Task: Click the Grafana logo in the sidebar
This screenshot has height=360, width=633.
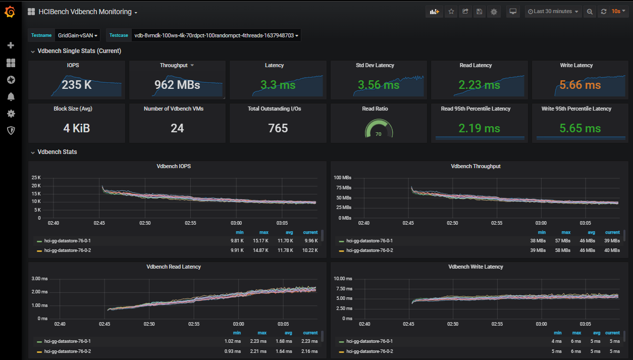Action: (10, 12)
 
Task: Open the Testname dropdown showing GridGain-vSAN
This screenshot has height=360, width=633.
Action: (78, 35)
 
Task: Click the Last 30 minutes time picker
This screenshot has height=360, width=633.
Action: (553, 12)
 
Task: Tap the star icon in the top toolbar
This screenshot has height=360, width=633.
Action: (451, 12)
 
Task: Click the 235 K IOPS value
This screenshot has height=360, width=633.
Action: (77, 85)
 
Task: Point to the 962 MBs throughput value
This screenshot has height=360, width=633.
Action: (177, 85)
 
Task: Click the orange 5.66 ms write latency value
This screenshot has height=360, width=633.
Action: (580, 85)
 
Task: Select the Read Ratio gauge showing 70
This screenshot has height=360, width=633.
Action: (379, 130)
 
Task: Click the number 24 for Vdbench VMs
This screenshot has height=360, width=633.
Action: (177, 128)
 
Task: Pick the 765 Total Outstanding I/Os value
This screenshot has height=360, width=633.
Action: (278, 128)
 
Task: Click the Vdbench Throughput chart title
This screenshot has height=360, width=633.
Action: (476, 166)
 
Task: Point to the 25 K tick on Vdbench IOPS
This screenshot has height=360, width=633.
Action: (36, 178)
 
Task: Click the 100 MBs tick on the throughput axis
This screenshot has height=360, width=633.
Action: (343, 178)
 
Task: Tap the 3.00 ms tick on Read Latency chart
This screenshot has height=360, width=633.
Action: (39, 279)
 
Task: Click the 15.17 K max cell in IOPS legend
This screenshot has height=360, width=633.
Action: (260, 240)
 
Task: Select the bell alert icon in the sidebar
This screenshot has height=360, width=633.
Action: (11, 96)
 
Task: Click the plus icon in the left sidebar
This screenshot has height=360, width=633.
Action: (11, 45)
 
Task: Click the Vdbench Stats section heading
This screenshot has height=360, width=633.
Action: (57, 152)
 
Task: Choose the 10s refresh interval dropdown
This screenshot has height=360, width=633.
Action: (618, 12)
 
